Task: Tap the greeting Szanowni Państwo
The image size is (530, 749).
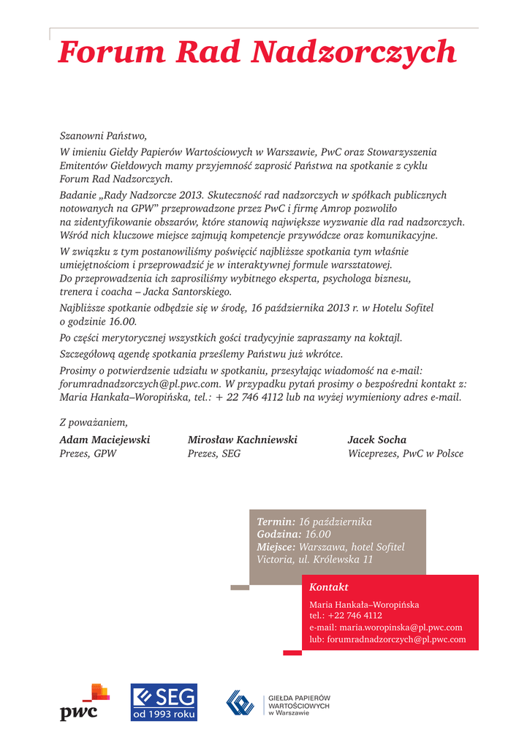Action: [103, 135]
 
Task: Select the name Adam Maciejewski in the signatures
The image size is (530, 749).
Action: [105, 440]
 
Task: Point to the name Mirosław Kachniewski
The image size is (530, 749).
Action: [243, 440]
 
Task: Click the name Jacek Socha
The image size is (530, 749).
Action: [377, 440]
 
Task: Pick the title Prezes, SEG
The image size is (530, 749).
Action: [214, 453]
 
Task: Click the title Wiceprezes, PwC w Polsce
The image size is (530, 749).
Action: [406, 453]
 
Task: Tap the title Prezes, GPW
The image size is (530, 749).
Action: [88, 453]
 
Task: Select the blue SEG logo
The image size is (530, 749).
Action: [164, 702]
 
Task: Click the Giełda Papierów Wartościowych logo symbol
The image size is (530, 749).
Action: [240, 702]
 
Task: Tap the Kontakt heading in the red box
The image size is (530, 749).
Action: [329, 587]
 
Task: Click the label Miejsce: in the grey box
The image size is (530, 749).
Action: [276, 547]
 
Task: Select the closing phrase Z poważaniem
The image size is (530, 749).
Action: [94, 422]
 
